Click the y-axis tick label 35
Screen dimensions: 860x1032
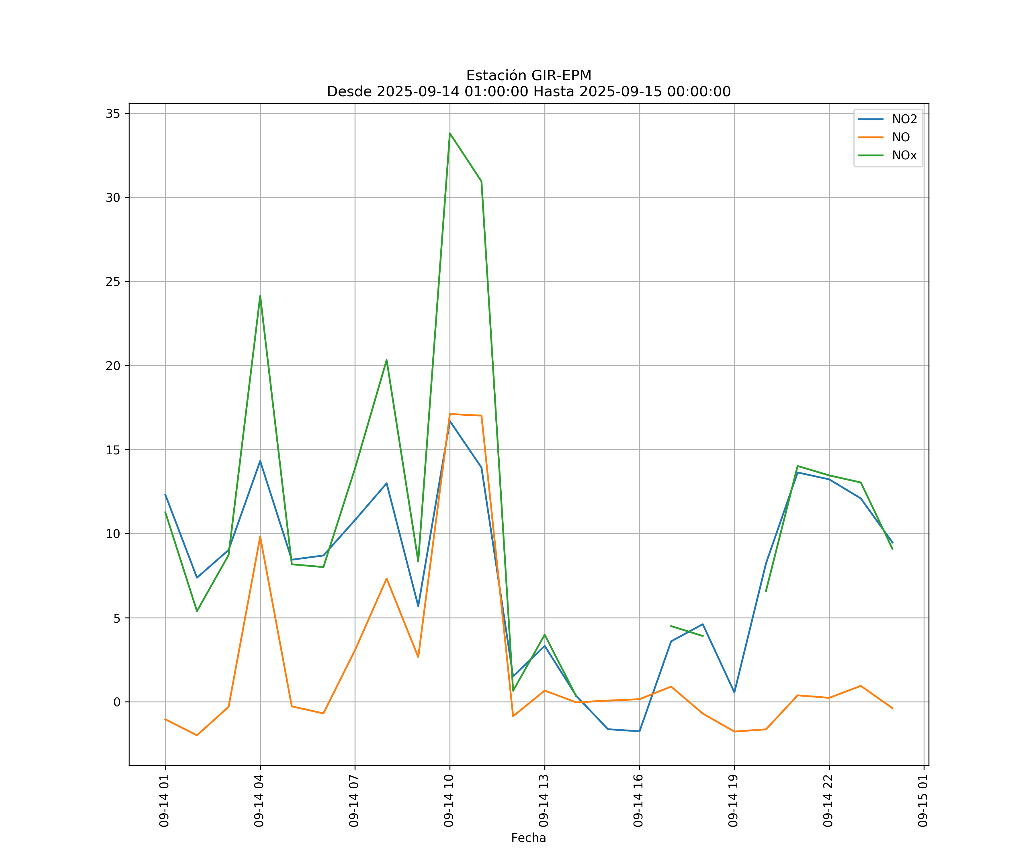coord(113,114)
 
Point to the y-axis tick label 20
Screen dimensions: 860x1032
coord(113,365)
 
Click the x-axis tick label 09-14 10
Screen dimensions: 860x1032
coord(449,801)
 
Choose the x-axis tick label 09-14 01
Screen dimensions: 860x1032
coord(164,801)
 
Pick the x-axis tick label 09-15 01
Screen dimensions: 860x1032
coord(923,801)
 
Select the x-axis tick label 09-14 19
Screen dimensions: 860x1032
coord(733,801)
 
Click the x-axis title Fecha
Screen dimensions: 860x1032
coord(528,838)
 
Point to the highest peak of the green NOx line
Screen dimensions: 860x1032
coord(450,133)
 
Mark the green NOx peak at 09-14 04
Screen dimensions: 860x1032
coord(260,296)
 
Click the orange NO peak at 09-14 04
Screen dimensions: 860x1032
coord(260,537)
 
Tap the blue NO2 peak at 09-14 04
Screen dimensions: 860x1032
coord(260,461)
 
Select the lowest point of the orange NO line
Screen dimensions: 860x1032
coord(197,735)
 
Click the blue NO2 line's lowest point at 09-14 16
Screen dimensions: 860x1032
coord(639,731)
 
